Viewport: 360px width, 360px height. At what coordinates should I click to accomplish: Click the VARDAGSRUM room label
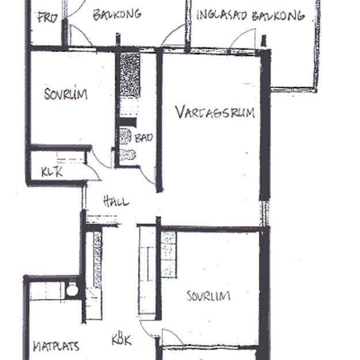(x=215, y=111)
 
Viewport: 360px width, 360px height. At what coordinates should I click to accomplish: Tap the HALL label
(x=116, y=202)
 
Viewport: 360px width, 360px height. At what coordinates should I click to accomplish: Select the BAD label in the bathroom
(x=144, y=138)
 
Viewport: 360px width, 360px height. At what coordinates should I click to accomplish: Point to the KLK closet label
(x=52, y=172)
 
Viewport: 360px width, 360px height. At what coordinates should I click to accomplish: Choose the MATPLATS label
(x=55, y=347)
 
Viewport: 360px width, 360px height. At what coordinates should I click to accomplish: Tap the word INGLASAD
(x=222, y=16)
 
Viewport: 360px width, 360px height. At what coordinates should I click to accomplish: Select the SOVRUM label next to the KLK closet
(x=66, y=93)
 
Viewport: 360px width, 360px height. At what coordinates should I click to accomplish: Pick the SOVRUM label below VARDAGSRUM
(x=209, y=296)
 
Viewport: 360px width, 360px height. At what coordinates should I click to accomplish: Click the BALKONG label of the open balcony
(x=117, y=14)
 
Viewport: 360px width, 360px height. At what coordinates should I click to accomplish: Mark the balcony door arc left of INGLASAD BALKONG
(x=173, y=36)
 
